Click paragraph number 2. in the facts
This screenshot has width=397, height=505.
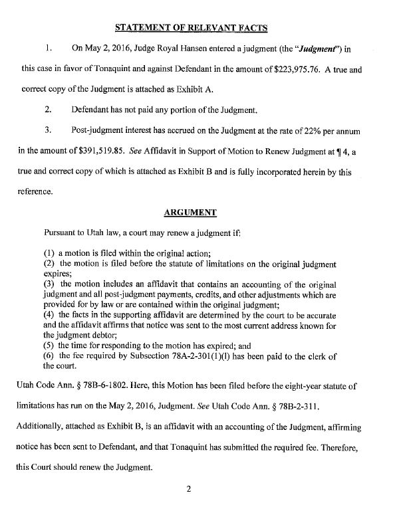pyautogui.click(x=48, y=110)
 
